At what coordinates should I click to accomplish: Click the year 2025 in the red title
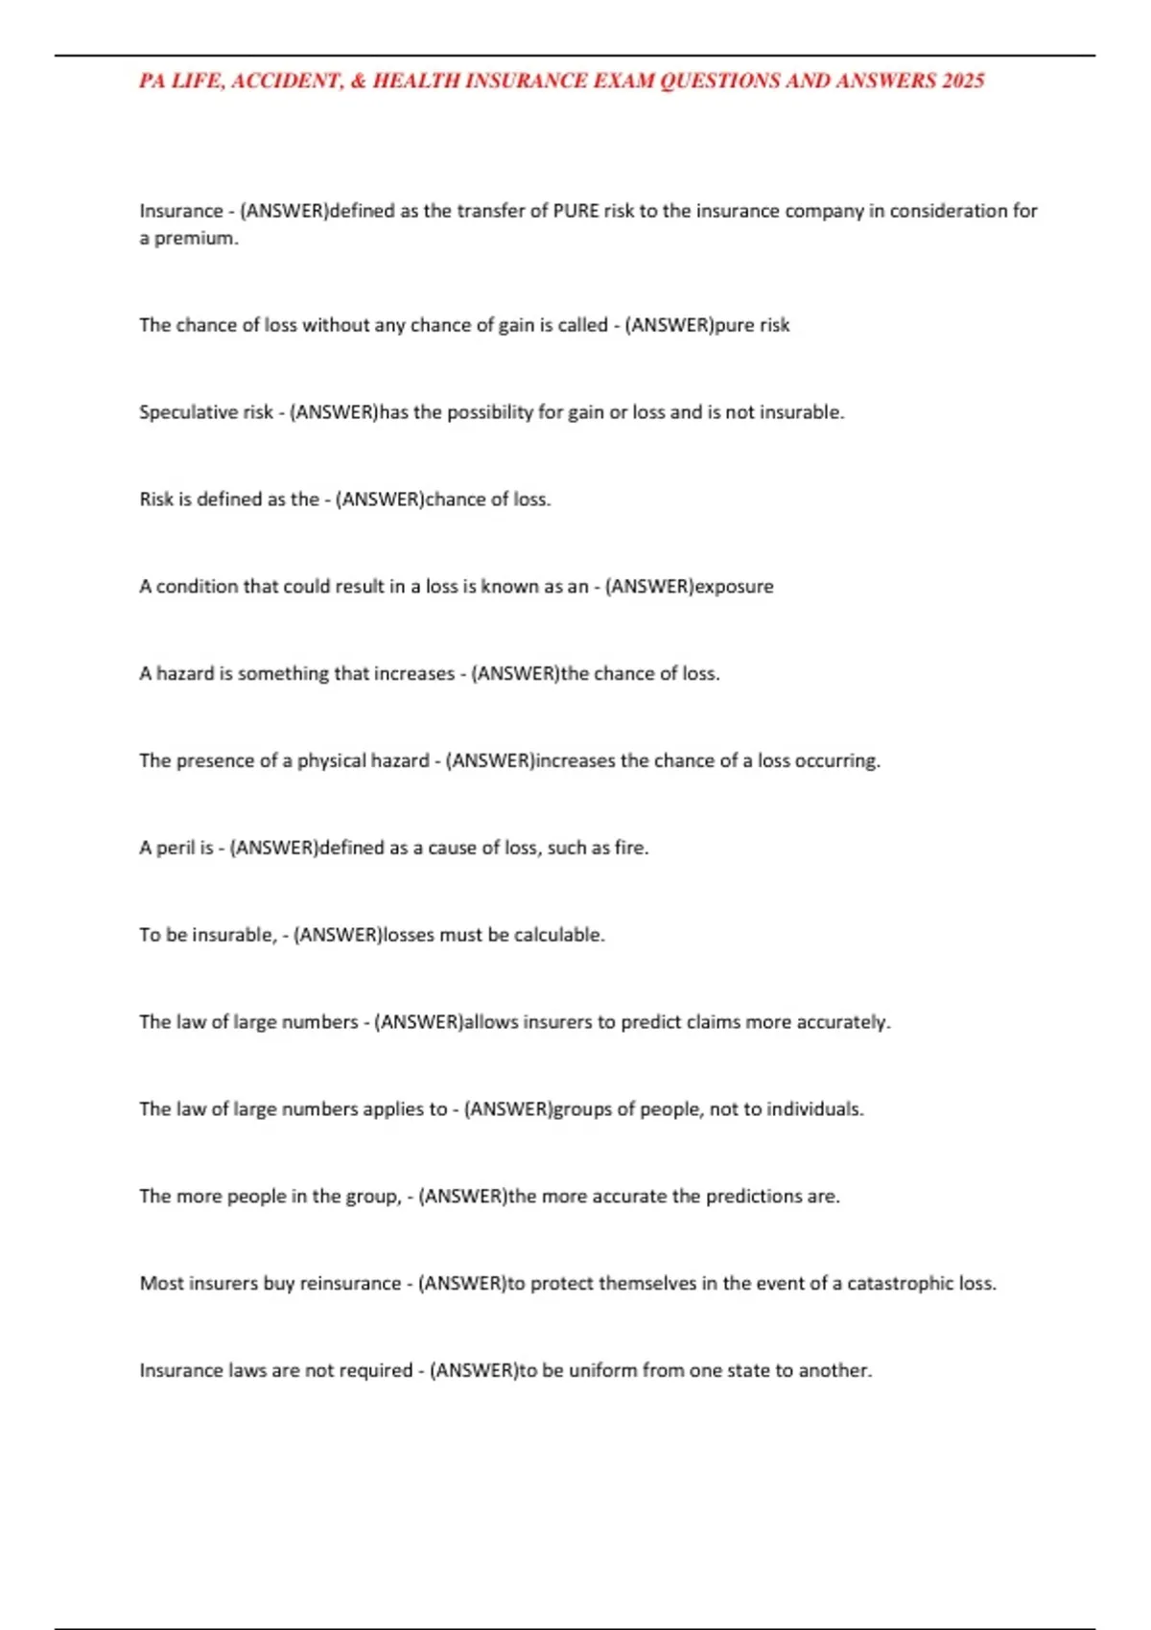point(962,81)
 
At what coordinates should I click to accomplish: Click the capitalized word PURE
point(576,211)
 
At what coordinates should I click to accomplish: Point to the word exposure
point(734,587)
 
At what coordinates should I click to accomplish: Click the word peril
point(176,848)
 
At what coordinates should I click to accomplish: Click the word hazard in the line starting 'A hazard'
point(185,674)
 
